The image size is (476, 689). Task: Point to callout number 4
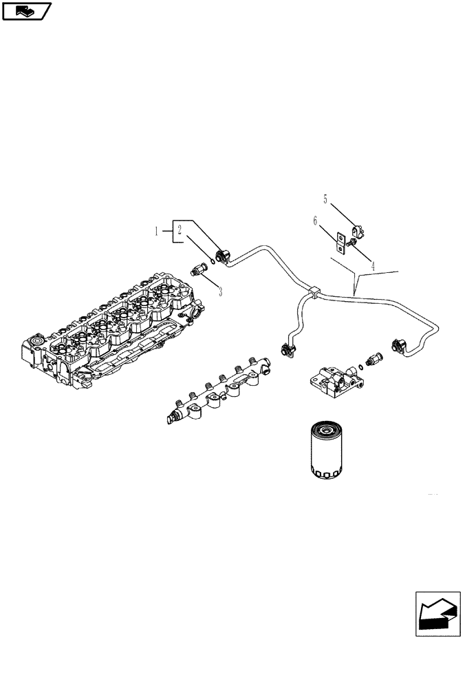pos(372,265)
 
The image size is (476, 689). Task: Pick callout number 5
pos(326,199)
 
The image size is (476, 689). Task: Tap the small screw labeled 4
pos(351,242)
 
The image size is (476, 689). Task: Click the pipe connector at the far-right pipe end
pos(398,344)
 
